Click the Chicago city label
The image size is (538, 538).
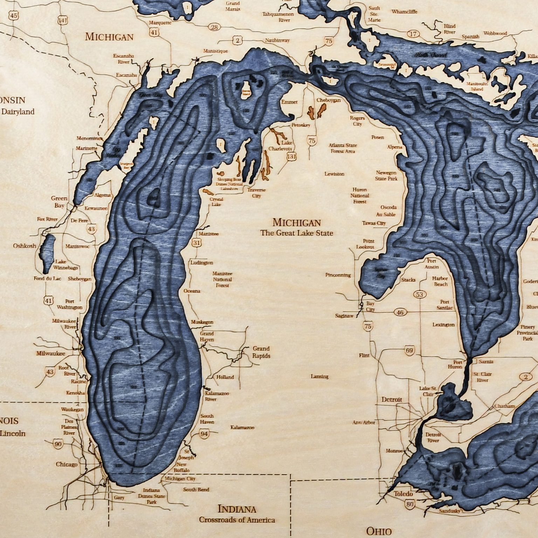coord(67,464)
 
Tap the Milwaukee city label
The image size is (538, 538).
coord(51,353)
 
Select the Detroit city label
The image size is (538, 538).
coord(392,399)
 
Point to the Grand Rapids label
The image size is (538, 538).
coord(261,352)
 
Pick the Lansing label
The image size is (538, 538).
coord(319,377)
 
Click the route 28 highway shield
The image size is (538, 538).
coord(214,27)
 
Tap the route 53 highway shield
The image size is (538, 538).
coord(420,294)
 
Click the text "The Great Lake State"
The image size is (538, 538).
coord(297,233)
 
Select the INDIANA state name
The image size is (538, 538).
coord(237,509)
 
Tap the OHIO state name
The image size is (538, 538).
coord(378,531)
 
